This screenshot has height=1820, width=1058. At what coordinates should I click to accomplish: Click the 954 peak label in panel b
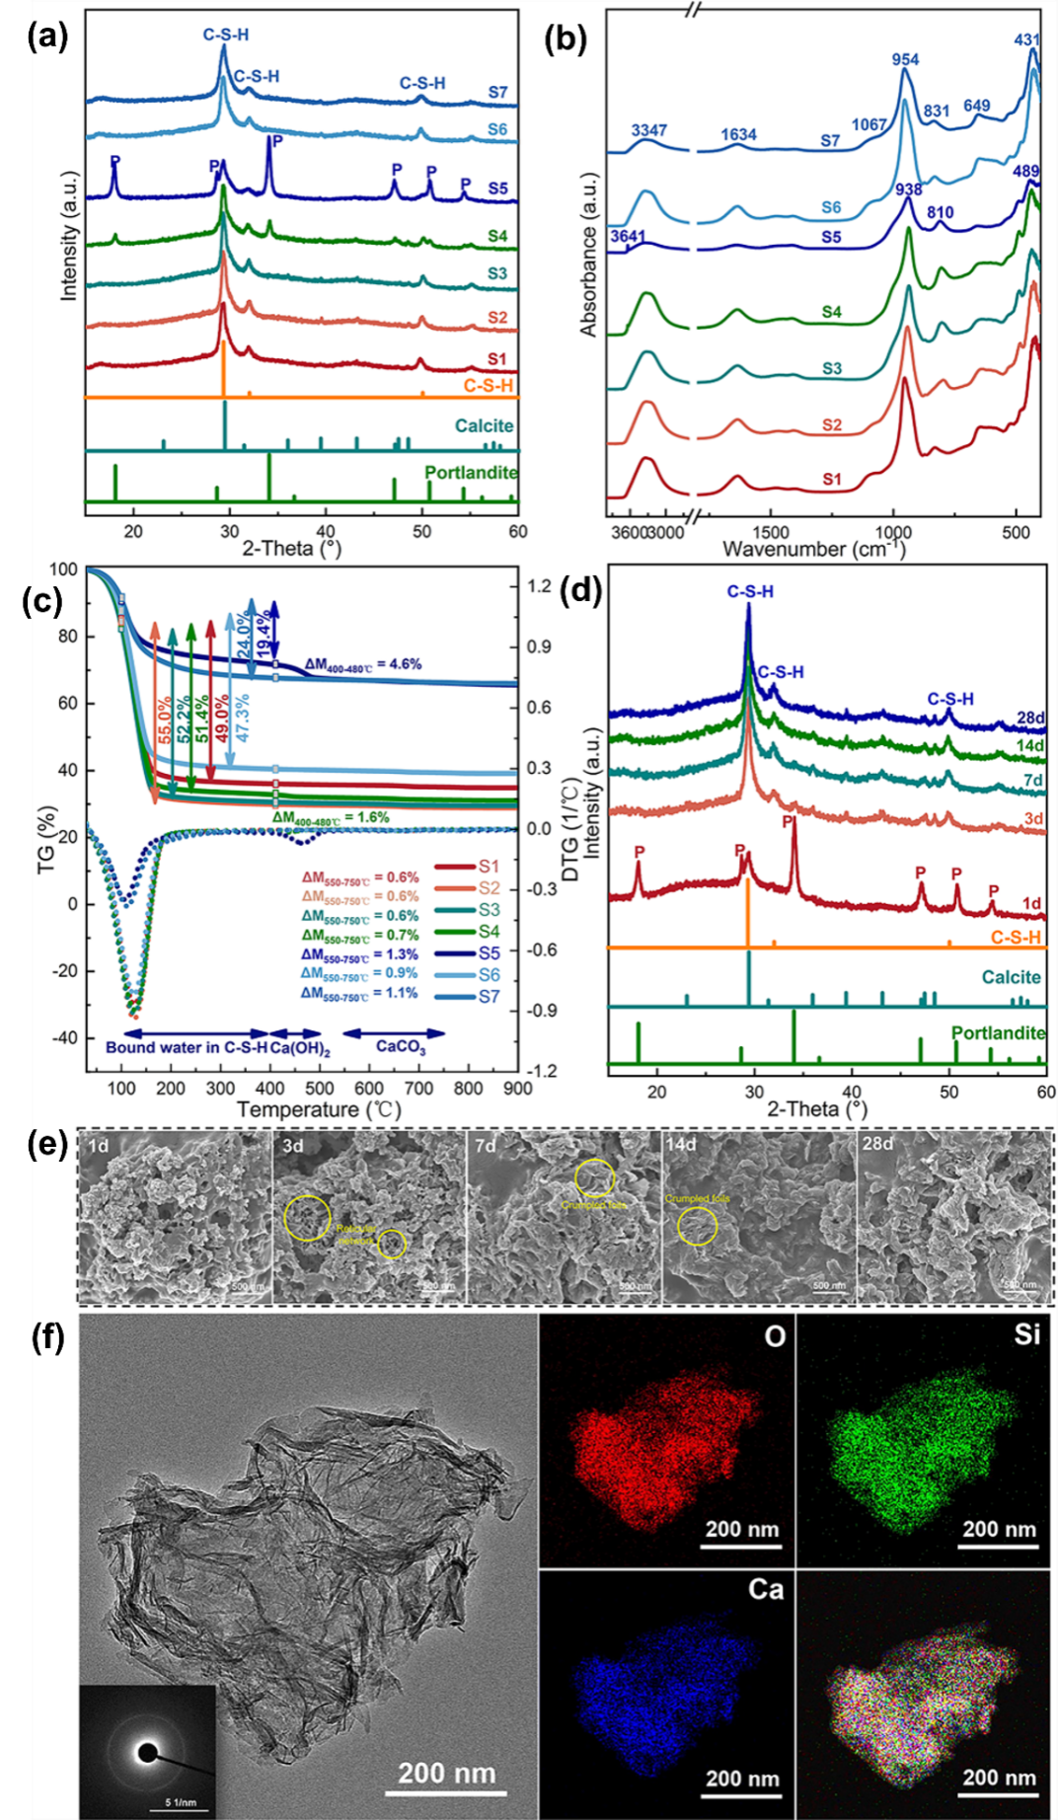pyautogui.click(x=905, y=60)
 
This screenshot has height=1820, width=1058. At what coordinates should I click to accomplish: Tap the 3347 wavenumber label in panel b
pyautogui.click(x=648, y=131)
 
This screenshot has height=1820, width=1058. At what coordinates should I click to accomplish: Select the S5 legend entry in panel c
pyautogui.click(x=489, y=953)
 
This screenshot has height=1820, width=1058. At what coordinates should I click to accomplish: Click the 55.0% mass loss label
pyautogui.click(x=165, y=720)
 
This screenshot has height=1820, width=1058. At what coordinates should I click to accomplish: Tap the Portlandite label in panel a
pyautogui.click(x=471, y=473)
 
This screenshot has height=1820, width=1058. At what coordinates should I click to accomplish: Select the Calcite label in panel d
pyautogui.click(x=1011, y=977)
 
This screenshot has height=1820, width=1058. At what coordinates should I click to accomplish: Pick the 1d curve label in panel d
pyautogui.click(x=1031, y=903)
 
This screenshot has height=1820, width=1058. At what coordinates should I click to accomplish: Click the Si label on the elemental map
pyautogui.click(x=1026, y=1334)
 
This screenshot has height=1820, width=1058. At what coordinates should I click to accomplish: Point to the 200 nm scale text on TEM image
pyautogui.click(x=447, y=1774)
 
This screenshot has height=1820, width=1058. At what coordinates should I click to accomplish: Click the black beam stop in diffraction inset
pyautogui.click(x=147, y=1753)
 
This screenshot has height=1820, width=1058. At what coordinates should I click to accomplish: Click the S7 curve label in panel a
pyautogui.click(x=497, y=93)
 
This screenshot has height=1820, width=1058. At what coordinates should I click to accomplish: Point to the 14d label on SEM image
pyautogui.click(x=681, y=1145)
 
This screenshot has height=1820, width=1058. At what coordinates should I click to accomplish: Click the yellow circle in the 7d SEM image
pyautogui.click(x=595, y=1177)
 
